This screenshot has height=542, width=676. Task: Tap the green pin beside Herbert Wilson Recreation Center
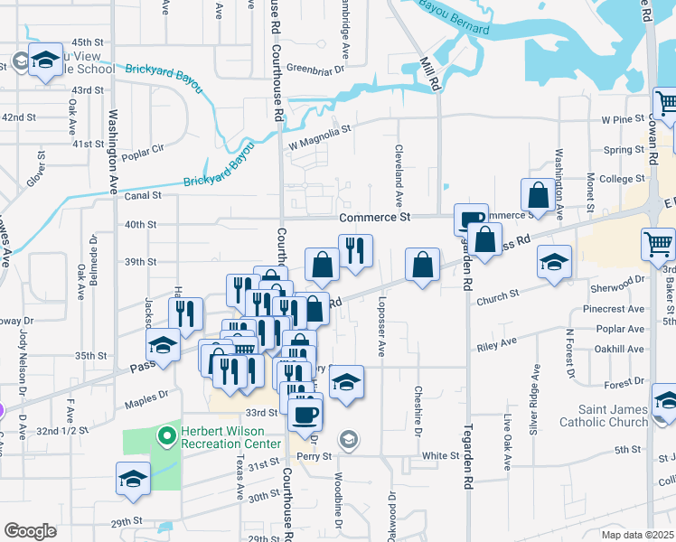[x=166, y=437]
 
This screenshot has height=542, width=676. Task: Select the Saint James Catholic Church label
[x=604, y=416]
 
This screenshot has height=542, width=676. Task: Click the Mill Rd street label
[x=428, y=73]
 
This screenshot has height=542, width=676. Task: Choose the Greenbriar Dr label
[x=316, y=69]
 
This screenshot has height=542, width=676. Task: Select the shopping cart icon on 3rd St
[x=658, y=243]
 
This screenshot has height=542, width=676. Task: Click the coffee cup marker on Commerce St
[x=471, y=219]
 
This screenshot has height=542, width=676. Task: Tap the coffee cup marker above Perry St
[x=305, y=415]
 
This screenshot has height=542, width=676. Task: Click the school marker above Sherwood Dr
[x=554, y=261]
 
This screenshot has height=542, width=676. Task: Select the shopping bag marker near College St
[x=539, y=194]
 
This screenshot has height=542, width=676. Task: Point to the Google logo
[x=30, y=531]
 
